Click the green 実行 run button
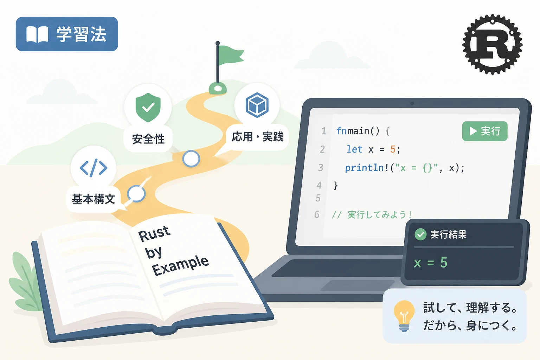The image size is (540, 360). pos(485,131)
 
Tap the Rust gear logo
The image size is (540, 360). pos(492,44)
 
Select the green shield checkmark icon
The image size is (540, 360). pos(148,107)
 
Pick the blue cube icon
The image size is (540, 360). pos(257,105)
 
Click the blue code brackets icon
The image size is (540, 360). pos(94,168)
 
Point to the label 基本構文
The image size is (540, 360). pos(94,199)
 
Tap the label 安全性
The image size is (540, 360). pos(148,139)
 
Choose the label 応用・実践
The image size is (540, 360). pos(257,137)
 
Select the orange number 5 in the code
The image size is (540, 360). pos(393,149)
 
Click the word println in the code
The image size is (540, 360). pos(365,168)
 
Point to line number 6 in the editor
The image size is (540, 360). pos(317,214)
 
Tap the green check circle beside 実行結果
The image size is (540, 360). pos(420,234)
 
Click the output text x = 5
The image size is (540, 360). pos(430,262)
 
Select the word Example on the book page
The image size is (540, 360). pos(181,265)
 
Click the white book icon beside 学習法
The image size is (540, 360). pos(37,34)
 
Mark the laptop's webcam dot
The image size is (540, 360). pos(412,103)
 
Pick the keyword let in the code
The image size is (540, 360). pos(354,149)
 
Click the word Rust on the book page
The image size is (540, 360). pos(154,233)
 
